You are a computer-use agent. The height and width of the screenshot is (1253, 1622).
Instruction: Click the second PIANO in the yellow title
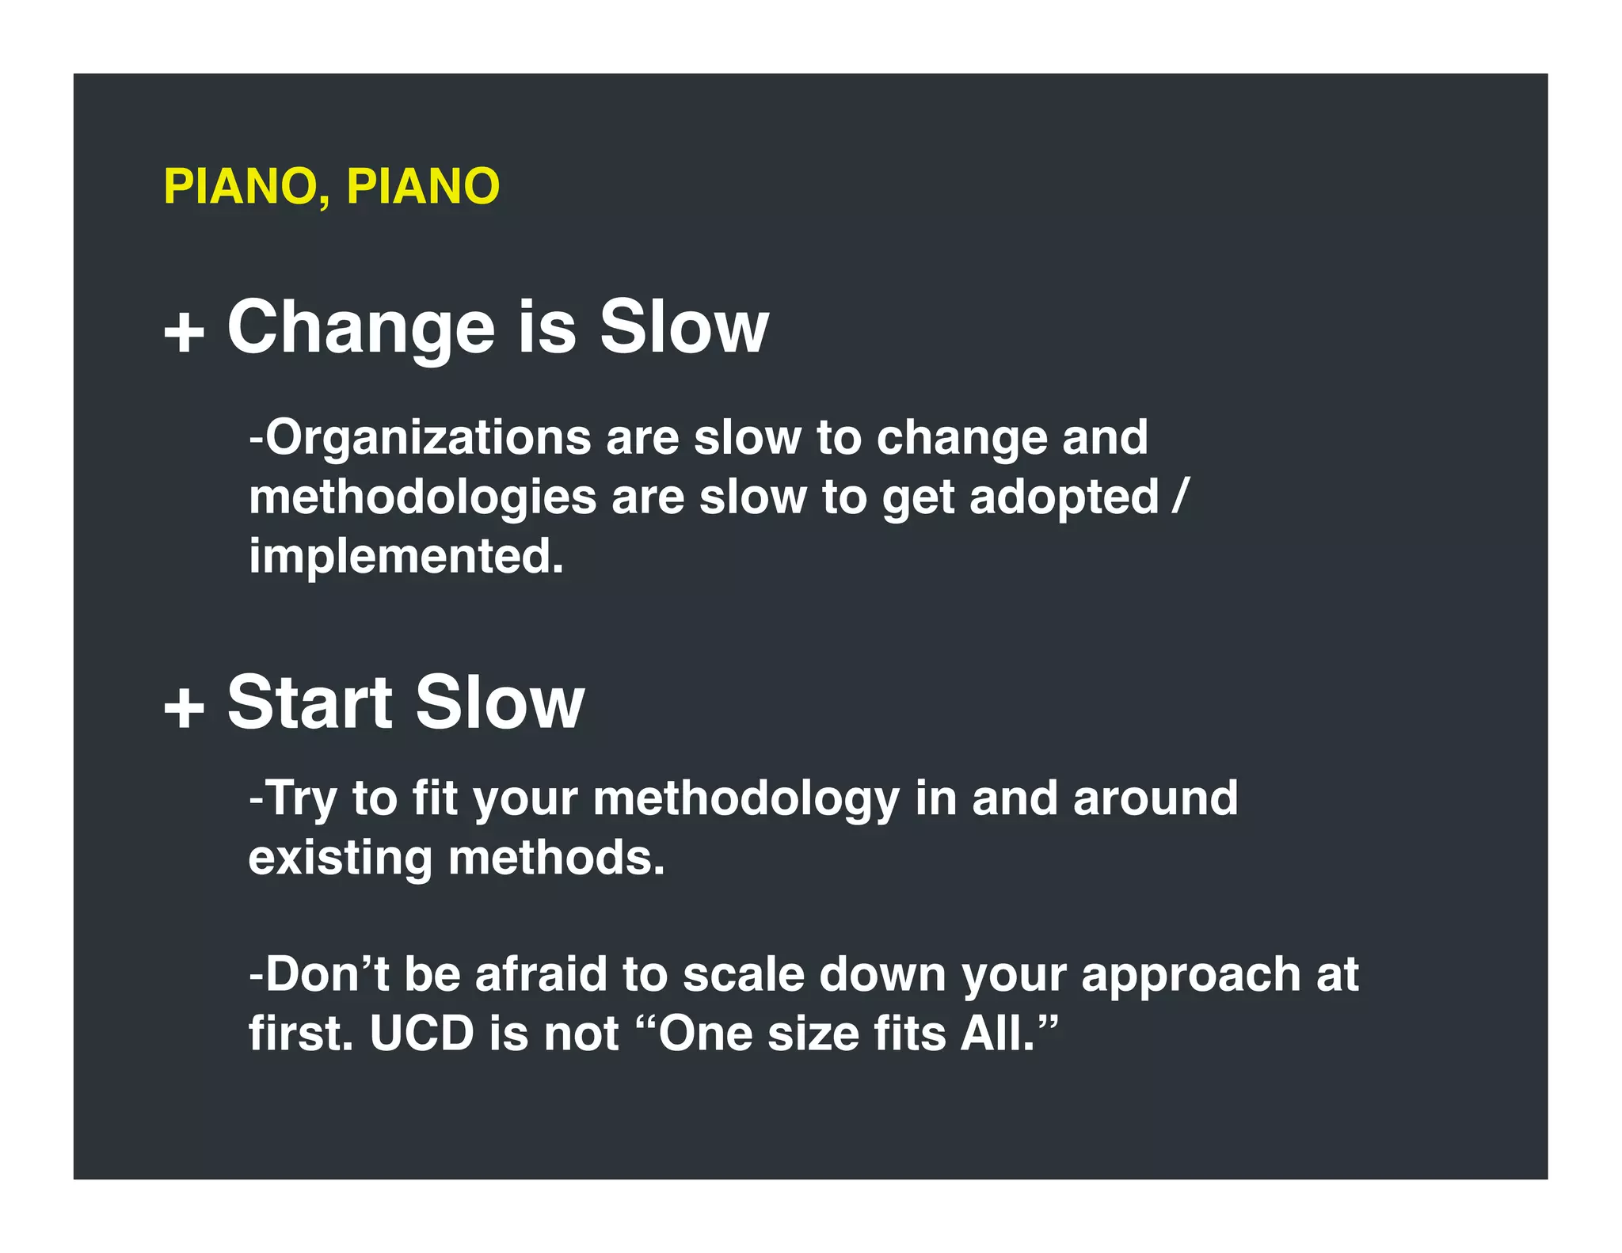pyautogui.click(x=423, y=187)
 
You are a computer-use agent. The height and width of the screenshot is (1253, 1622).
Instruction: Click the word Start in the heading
pyautogui.click(x=310, y=703)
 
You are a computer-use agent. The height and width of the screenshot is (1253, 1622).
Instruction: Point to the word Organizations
pyautogui.click(x=428, y=438)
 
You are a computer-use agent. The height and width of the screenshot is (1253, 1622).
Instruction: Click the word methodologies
pyautogui.click(x=422, y=498)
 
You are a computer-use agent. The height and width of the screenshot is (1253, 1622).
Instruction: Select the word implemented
pyautogui.click(x=405, y=556)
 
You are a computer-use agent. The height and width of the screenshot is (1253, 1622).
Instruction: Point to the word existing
pyautogui.click(x=341, y=859)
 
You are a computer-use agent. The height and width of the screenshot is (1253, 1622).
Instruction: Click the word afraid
pyautogui.click(x=541, y=974)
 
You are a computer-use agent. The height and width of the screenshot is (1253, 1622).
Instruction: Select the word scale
pyautogui.click(x=743, y=974)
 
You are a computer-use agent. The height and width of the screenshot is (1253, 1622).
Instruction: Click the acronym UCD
pyautogui.click(x=421, y=1034)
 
